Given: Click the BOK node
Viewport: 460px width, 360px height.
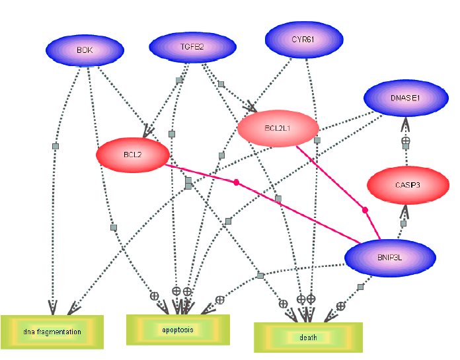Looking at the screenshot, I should (85, 50).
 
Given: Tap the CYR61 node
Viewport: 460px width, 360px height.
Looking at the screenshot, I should (304, 40).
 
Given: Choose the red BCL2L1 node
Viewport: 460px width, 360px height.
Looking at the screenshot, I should (278, 127).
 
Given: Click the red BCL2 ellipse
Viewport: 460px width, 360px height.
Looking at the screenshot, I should (133, 155).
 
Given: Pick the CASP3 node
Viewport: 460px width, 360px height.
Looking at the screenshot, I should (407, 186).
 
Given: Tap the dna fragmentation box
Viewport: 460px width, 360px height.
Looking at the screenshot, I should (52, 332).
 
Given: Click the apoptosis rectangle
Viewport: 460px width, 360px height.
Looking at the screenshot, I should (178, 329).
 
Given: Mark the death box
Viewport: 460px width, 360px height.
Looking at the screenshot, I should (308, 337).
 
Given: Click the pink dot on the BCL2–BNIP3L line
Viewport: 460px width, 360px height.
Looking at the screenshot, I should (235, 182).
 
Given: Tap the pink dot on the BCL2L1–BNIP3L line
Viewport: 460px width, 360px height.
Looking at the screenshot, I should (365, 210).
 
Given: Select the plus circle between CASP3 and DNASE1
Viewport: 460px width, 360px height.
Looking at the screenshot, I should (407, 141).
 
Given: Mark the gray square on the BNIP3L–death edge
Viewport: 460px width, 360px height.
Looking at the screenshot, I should (360, 287).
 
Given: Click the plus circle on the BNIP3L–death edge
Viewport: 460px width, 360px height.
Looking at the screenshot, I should (340, 306).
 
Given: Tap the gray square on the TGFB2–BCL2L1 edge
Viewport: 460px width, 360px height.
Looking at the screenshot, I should (222, 84).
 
